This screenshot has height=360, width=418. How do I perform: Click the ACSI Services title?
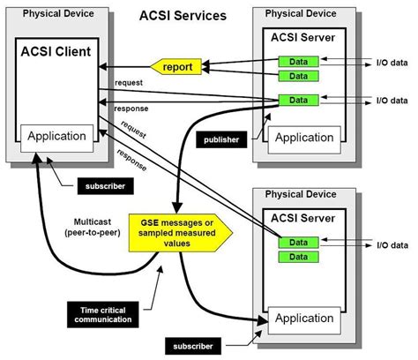point(183,16)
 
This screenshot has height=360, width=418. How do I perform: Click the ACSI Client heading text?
point(57,52)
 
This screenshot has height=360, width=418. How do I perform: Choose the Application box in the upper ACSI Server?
point(303,138)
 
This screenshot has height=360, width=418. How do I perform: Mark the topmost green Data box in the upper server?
point(298,61)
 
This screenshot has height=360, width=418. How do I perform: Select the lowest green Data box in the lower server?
point(298,257)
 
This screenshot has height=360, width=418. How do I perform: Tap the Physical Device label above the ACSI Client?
point(58,14)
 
